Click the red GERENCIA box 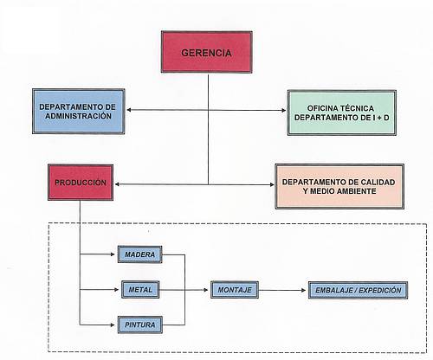(206, 52)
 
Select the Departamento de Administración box (79, 112)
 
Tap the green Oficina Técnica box (342, 112)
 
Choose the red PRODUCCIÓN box (81, 183)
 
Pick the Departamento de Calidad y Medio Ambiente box (339, 186)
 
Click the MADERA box (140, 254)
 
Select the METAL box (140, 289)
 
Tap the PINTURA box (140, 325)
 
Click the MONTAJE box (235, 290)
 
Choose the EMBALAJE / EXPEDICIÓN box (358, 290)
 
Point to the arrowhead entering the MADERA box (113, 254)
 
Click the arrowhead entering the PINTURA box (113, 325)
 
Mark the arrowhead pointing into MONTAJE (206, 290)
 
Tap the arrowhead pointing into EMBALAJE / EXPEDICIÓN (303, 290)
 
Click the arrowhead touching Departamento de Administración (129, 110)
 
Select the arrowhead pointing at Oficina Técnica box (283, 110)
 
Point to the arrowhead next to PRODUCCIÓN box (117, 184)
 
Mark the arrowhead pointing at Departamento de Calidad (272, 184)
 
